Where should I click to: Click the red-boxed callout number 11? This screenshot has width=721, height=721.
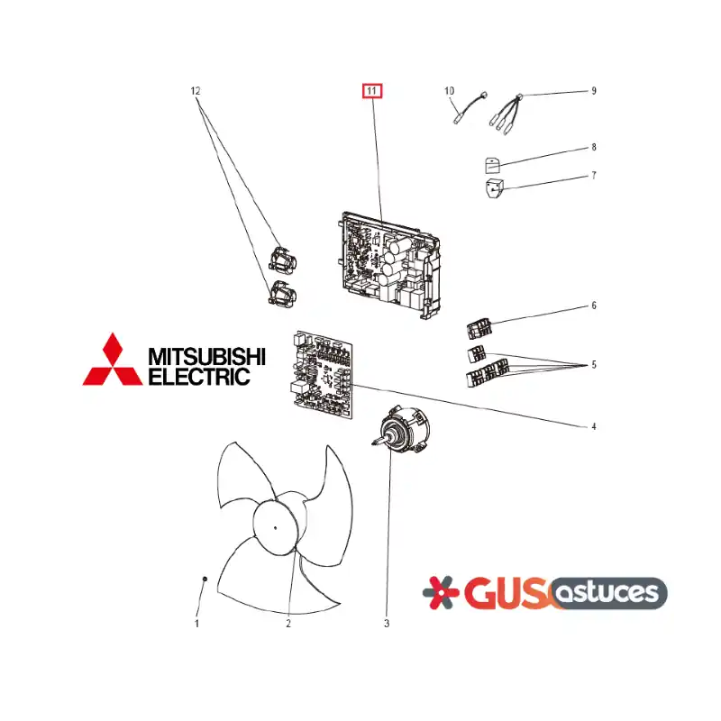(372, 91)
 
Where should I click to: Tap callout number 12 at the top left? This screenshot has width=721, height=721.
(196, 91)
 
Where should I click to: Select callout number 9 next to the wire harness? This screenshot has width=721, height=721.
(594, 91)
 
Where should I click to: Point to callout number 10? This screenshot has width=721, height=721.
(449, 91)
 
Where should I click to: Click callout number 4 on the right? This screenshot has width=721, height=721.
(594, 426)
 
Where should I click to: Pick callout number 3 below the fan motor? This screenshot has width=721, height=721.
(387, 624)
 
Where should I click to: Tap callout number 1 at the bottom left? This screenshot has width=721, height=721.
(196, 624)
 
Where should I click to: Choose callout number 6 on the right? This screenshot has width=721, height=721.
(594, 306)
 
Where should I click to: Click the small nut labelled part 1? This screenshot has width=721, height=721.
(205, 579)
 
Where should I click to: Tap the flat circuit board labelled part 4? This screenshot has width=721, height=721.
(324, 375)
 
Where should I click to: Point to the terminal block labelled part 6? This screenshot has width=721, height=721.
(479, 329)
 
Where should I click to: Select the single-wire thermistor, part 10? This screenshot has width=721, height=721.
(469, 108)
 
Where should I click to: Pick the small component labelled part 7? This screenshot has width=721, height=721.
(494, 188)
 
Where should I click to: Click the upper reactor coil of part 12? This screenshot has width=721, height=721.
(282, 259)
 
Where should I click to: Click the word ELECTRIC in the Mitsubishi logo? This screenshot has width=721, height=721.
(199, 376)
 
